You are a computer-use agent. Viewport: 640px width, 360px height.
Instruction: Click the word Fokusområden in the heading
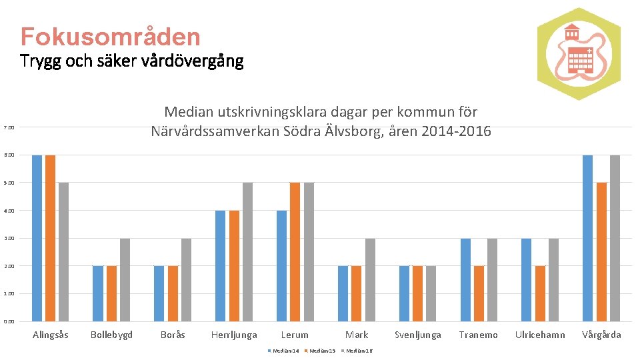point(110,36)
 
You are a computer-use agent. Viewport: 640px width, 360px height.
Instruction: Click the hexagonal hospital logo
point(578,54)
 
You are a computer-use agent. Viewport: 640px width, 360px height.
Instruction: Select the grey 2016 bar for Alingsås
point(63,251)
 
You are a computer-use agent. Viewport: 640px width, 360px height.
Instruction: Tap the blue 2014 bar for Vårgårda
point(587,238)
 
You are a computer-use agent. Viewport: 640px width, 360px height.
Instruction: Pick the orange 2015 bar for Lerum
point(295,251)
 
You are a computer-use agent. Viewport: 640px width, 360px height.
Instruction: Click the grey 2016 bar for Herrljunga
point(247,251)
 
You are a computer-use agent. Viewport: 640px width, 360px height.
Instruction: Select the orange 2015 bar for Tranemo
point(478,293)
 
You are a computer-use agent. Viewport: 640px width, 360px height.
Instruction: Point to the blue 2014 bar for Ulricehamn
point(526,279)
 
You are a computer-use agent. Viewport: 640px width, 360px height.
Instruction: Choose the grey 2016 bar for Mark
point(370,279)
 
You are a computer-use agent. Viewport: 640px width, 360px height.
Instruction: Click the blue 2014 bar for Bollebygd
point(98,293)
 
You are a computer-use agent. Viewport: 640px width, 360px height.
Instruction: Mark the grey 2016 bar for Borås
point(186,279)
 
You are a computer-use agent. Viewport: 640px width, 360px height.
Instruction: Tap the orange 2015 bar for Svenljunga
point(417,293)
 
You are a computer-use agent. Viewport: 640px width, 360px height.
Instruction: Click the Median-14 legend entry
point(283,351)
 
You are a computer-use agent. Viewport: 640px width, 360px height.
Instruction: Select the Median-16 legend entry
point(357,351)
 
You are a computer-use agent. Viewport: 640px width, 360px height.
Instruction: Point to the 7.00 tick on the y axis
point(9,127)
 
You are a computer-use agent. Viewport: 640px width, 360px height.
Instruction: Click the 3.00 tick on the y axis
point(9,238)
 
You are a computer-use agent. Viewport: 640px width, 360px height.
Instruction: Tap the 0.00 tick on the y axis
point(9,321)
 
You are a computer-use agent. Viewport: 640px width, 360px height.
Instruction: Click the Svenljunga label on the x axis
point(418,335)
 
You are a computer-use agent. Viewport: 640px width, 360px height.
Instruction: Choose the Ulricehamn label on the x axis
point(540,335)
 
